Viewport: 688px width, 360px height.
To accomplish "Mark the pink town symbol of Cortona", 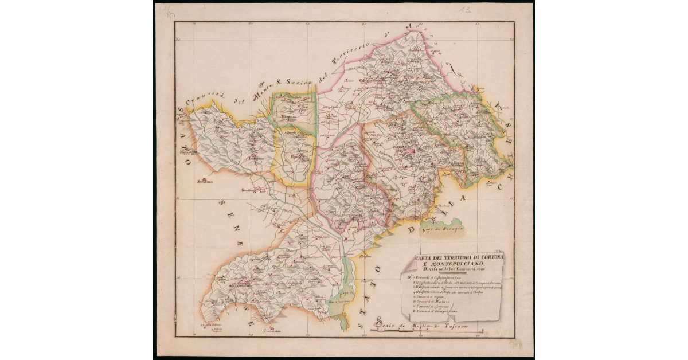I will [x=411, y=151].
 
